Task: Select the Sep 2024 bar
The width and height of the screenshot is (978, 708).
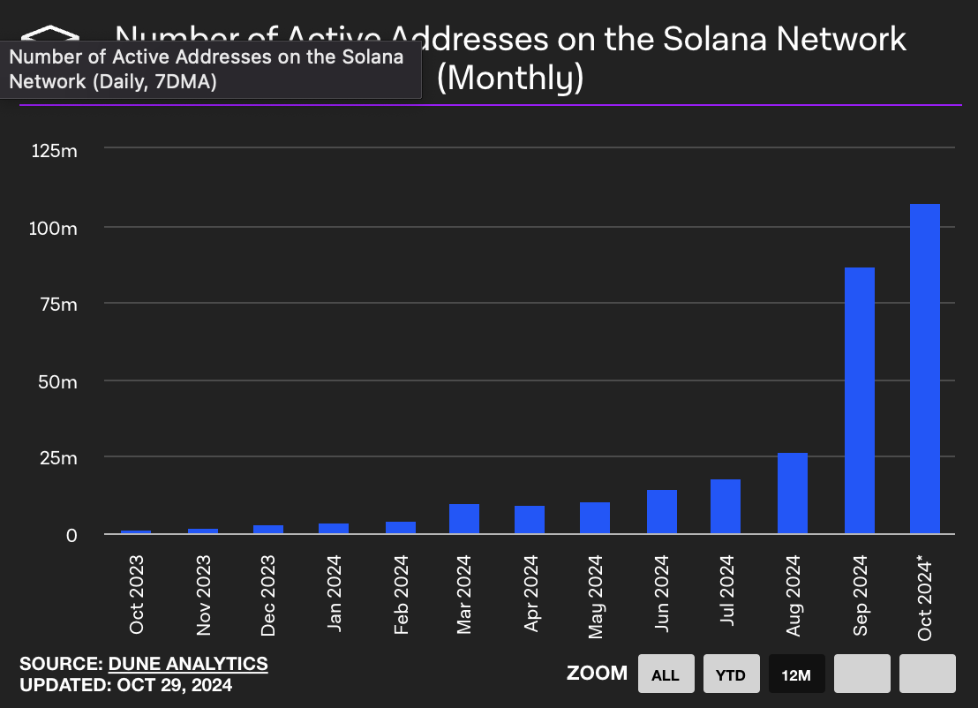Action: pos(860,401)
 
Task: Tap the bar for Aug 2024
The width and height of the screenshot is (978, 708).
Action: pos(793,493)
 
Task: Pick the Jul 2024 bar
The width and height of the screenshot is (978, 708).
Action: pos(726,507)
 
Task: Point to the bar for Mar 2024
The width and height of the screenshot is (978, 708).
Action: pos(464,519)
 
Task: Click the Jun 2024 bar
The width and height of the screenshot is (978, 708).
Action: pos(662,512)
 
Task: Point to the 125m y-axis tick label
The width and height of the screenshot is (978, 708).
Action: pos(55,151)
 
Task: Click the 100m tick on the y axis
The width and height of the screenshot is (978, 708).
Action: pos(55,228)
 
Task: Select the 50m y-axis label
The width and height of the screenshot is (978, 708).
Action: pos(59,381)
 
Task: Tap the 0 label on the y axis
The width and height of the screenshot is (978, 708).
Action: pos(72,535)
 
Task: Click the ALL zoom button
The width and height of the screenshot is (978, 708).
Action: pos(666,675)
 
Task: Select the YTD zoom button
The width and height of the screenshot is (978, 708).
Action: pos(730,675)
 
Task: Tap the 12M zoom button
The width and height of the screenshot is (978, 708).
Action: pos(796,675)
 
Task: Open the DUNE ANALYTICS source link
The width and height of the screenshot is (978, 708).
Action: pos(188,664)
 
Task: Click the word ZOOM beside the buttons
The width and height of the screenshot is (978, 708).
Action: pos(597,674)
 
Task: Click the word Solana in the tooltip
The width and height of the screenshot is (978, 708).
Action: pos(374,57)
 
